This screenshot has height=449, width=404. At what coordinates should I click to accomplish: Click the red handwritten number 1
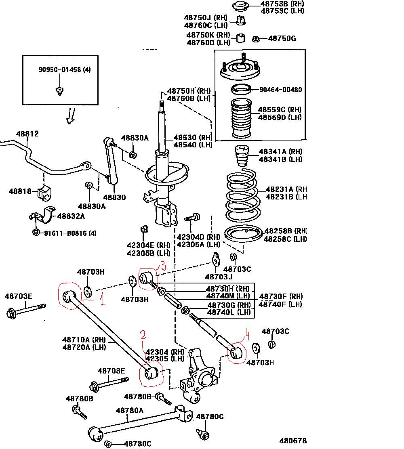[x=103, y=299]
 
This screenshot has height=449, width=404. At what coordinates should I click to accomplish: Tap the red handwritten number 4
[x=247, y=334]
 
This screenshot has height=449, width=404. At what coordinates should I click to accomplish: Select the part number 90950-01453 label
[x=65, y=69]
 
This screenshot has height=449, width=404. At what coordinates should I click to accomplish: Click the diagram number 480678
[x=293, y=441]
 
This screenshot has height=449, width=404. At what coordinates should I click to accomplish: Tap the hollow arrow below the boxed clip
[x=72, y=115]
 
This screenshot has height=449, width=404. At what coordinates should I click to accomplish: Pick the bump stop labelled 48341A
[x=242, y=156]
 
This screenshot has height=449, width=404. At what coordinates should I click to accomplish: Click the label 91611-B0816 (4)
[x=70, y=233]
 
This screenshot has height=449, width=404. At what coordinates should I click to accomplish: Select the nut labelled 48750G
[x=256, y=39]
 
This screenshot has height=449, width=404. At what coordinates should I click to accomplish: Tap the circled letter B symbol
[x=36, y=233]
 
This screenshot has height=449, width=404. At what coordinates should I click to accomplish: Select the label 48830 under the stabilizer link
[x=114, y=197]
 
